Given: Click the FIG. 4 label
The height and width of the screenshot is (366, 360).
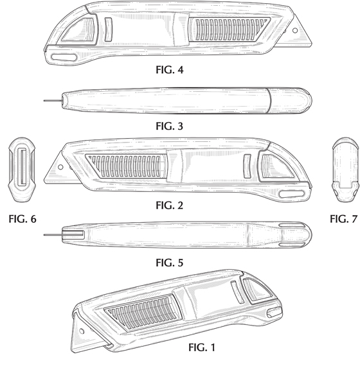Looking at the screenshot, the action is pos(170,69).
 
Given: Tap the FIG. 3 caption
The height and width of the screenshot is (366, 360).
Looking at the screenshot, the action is pos(170,126).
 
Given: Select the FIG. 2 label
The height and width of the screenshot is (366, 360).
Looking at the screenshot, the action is pos(170,205).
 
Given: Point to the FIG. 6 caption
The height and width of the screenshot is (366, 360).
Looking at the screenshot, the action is pos(22,219).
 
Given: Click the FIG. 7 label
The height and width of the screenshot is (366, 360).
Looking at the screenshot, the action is pos(344,219).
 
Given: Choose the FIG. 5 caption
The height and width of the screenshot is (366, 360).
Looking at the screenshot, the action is pos(170,263).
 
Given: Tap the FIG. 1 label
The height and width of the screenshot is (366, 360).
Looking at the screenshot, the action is pos(202,347).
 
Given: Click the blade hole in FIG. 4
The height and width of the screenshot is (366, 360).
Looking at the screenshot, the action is pos(295,30).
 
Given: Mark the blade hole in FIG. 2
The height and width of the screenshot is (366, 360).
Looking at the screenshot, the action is pos(60,167).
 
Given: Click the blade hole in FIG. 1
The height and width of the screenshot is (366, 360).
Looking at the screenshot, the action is pos(82,331).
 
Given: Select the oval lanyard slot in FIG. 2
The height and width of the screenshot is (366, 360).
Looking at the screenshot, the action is pos(292,194).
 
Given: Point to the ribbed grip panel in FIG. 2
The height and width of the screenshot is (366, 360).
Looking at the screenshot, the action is pos(126,166).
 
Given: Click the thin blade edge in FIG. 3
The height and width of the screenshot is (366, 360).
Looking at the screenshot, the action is pos(53,101).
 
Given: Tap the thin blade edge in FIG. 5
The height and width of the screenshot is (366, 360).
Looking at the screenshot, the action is pos(53,234).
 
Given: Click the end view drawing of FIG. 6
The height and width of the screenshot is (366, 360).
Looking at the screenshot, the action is pos(22,170).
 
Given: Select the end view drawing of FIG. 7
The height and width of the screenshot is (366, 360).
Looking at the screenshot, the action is pos(345,170).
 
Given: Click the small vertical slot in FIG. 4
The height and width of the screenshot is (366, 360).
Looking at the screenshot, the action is pos(108,30).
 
